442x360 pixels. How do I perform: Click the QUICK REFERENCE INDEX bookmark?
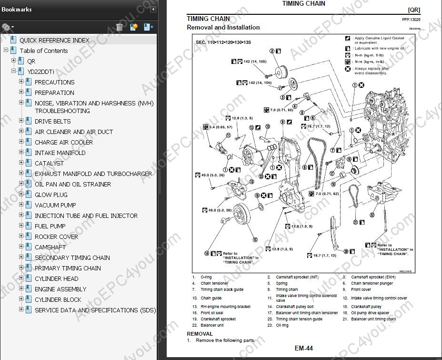pyautogui.click(x=54, y=41)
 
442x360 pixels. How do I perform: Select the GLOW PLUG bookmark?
pyautogui.click(x=51, y=195)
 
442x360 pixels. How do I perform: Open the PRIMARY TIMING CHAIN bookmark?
pyautogui.click(x=68, y=268)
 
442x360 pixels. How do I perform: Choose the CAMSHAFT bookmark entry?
pyautogui.click(x=50, y=247)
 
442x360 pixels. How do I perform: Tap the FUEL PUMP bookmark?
pyautogui.click(x=50, y=226)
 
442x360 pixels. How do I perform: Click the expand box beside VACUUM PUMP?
pyautogui.click(x=21, y=205)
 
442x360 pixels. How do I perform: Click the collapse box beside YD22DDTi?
pyautogui.click(x=14, y=72)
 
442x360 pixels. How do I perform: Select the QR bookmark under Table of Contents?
pyautogui.click(x=31, y=62)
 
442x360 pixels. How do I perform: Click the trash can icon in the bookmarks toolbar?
pyautogui.click(x=120, y=27)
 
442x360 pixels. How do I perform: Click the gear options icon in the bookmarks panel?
pyautogui.click(x=7, y=27)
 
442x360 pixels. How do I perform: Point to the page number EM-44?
pyautogui.click(x=304, y=349)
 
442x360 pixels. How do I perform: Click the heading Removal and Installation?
pyautogui.click(x=223, y=28)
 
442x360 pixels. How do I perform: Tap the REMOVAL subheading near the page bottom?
pyautogui.click(x=200, y=334)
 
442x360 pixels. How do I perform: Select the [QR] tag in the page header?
pyautogui.click(x=413, y=10)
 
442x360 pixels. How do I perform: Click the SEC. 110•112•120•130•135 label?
pyautogui.click(x=223, y=42)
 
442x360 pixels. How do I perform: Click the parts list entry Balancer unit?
pyautogui.click(x=213, y=325)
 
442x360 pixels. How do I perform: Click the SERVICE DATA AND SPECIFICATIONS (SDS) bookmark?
pyautogui.click(x=95, y=310)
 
